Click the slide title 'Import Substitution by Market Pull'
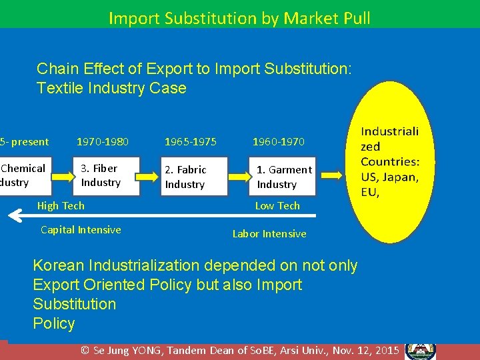pyautogui.click(x=239, y=17)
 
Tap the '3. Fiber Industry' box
pyautogui.click(x=106, y=176)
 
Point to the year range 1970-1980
pyautogui.click(x=103, y=141)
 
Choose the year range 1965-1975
pyautogui.click(x=191, y=141)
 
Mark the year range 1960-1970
pyautogui.click(x=278, y=141)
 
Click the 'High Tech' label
pyautogui.click(x=61, y=206)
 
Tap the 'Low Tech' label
pyautogui.click(x=277, y=206)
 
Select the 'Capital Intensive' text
pyautogui.click(x=81, y=230)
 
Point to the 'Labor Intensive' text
pyautogui.click(x=269, y=234)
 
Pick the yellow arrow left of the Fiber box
pyautogui.click(x=59, y=176)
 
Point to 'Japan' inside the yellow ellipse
pyautogui.click(x=401, y=177)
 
